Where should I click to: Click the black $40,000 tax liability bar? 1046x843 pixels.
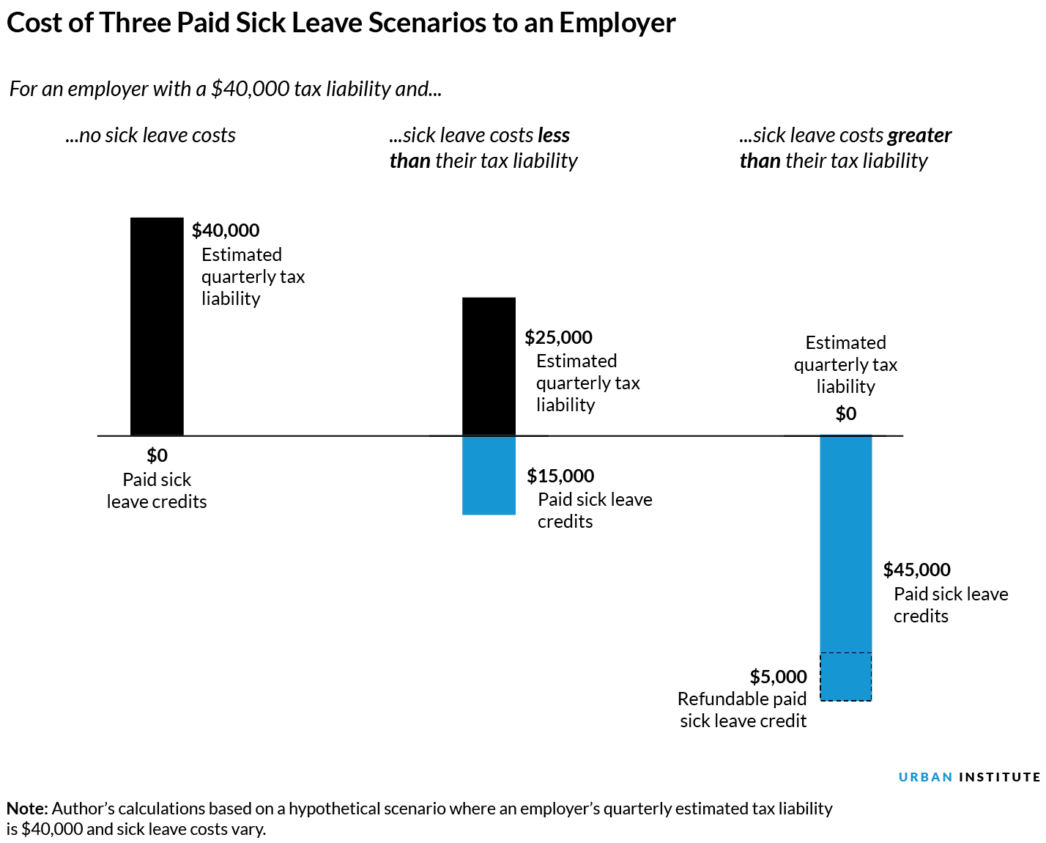point(157,326)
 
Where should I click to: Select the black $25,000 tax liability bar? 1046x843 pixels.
point(489,366)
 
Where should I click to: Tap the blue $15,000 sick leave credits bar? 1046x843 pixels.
point(489,475)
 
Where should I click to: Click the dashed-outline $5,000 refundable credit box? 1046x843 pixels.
point(845,677)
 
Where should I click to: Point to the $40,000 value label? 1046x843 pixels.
point(226,230)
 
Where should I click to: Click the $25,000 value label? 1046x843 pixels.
point(558,337)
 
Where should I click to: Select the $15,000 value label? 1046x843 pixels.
point(560,476)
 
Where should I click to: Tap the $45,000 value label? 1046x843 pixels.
point(916,570)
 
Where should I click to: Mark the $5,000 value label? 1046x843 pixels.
point(778,677)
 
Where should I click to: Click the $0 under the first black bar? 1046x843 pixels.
point(157,455)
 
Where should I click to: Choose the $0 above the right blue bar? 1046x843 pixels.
point(845,414)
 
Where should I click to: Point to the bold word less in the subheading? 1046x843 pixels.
point(553,136)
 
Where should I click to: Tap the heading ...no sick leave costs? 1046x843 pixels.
point(150,136)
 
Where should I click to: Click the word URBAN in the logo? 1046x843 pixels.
point(925,777)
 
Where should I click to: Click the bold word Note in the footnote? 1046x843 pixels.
point(26,809)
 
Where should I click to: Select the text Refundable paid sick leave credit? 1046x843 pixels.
point(742,710)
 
